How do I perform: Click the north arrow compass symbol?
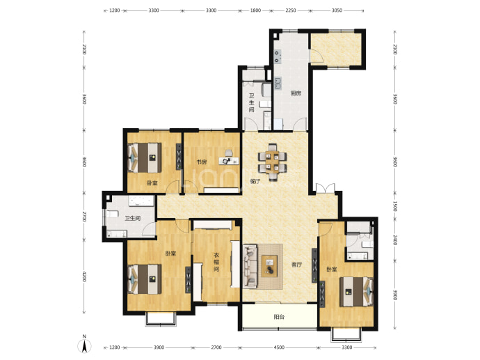85,345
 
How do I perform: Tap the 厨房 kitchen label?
296,93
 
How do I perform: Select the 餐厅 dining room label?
255,181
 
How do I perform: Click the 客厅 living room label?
296,265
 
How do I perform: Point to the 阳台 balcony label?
279,317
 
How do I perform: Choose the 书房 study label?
202,162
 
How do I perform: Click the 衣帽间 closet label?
216,263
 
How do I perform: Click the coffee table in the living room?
270,266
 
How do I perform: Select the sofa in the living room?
250,266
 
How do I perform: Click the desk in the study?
229,161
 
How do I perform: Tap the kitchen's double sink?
278,84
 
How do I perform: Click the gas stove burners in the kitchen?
277,56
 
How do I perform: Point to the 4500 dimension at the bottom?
279,347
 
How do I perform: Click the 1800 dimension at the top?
255,10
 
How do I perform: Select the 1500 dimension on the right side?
395,206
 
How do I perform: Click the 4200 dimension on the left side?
84,277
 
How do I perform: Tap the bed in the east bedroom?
356,292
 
